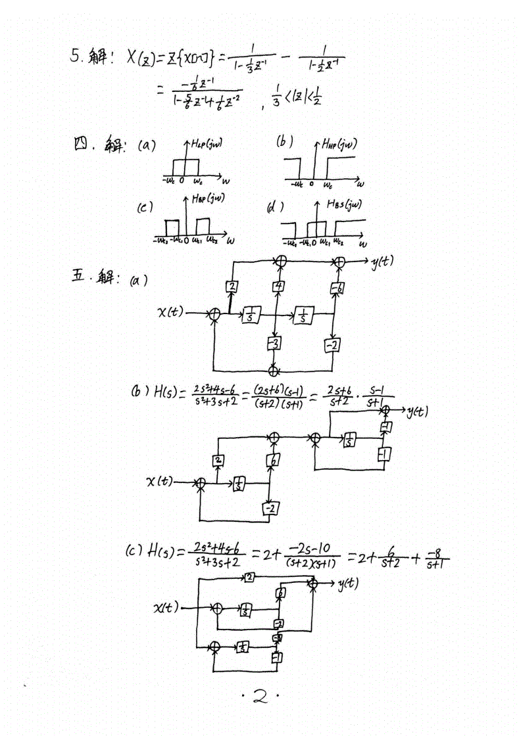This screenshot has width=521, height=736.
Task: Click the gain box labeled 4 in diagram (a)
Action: pos(278,287)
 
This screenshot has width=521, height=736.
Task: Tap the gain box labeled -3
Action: pos(274,343)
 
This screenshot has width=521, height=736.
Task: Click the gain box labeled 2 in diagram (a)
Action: pos(231,287)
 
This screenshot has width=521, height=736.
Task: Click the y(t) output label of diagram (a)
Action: pos(383,261)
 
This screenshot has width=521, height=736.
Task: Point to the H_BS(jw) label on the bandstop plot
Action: pos(344,204)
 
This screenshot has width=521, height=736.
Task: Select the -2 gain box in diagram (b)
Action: pos(268,508)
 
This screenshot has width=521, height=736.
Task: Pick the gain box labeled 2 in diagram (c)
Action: pos(250,578)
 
